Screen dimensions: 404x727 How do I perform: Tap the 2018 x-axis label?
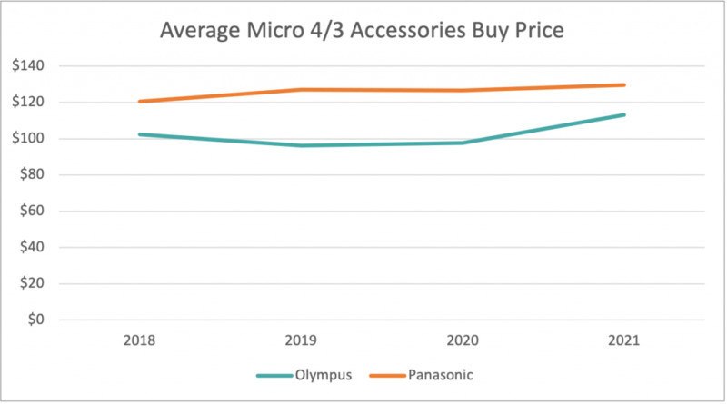pyautogui.click(x=140, y=342)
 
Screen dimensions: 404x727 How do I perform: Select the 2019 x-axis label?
pyautogui.click(x=302, y=342)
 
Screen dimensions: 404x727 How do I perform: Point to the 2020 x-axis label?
pyautogui.click(x=463, y=342)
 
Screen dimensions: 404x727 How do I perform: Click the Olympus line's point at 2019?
pyautogui.click(x=302, y=145)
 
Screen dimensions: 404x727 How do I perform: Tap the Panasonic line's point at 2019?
pyautogui.click(x=302, y=89)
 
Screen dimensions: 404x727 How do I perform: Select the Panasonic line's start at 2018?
pyautogui.click(x=140, y=101)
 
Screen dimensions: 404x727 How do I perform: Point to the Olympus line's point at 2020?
pyautogui.click(x=463, y=143)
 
